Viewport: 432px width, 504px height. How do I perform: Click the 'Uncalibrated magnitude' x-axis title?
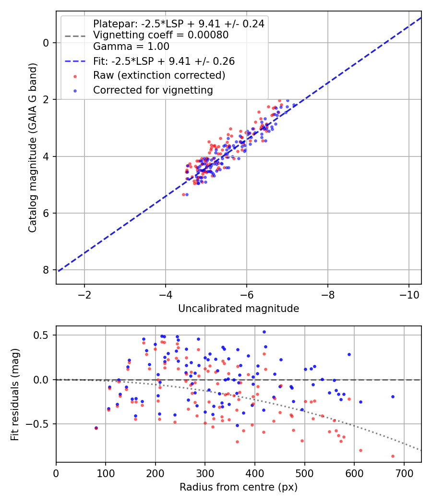coord(239,309)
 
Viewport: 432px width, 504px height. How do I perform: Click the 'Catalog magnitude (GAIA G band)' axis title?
coord(33,147)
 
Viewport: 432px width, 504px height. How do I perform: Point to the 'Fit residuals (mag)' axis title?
coord(15,395)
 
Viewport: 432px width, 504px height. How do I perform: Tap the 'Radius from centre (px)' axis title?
coord(239,487)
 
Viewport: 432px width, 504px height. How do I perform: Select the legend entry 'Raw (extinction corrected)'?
coord(159,75)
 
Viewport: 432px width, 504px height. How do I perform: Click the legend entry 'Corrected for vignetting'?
coord(153,90)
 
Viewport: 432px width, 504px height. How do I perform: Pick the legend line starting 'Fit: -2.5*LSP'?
coord(164,61)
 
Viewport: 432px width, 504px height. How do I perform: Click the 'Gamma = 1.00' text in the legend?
coord(131,46)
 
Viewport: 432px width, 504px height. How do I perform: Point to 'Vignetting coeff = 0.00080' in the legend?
coord(161,35)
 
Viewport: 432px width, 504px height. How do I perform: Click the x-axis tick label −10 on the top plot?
coord(409,295)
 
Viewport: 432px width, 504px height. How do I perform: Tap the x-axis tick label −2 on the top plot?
coord(84,295)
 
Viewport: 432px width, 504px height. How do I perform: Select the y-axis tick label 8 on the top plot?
coord(46,270)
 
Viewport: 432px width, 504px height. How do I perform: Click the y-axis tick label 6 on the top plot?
coord(46,213)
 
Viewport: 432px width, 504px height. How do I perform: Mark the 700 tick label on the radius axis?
coord(404,473)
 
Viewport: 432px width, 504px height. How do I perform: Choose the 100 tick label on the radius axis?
coord(106,473)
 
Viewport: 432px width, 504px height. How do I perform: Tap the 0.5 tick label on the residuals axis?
coord(42,335)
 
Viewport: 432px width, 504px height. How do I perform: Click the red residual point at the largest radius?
coord(393,456)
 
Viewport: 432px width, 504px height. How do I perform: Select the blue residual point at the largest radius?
coord(393,396)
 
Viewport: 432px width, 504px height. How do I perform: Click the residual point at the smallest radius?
coord(96,428)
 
